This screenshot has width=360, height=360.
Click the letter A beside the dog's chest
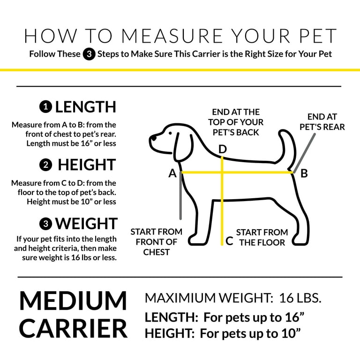pos(172,173)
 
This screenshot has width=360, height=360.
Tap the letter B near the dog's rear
pos(304,173)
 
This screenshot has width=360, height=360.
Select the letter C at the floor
pos(229,241)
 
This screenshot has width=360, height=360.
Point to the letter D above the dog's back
pos(223,149)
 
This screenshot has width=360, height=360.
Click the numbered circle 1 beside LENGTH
pos(45,107)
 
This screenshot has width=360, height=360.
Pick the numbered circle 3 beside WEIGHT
pos(46,224)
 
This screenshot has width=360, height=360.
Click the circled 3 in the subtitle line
pos(89,54)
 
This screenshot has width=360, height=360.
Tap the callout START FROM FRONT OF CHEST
pos(157,242)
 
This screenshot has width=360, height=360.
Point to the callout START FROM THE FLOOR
pos(262,237)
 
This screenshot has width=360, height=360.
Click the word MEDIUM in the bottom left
pos(73,301)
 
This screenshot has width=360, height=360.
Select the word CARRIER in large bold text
pos(73,329)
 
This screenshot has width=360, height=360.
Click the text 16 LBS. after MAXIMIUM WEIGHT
pos(300,298)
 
